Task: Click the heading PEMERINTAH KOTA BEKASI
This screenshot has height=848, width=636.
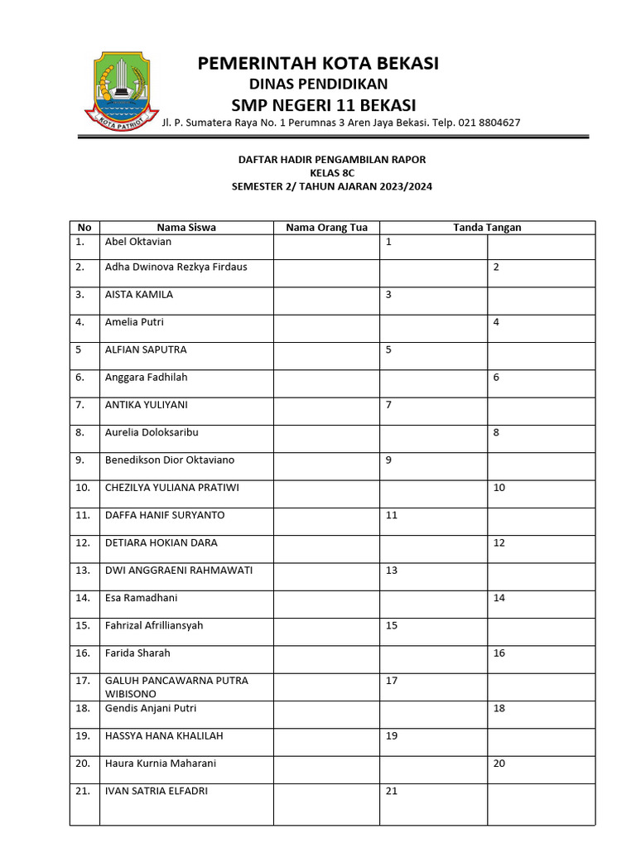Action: coord(318,63)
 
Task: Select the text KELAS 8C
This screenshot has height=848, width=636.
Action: coord(331,173)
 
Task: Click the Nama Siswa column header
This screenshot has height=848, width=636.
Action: coord(186,228)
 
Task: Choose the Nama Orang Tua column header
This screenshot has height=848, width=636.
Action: coord(326,228)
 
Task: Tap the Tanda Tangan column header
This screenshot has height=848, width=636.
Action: coord(487,228)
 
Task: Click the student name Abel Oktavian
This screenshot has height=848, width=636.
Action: coord(139,242)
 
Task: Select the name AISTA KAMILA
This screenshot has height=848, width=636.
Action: coord(139,295)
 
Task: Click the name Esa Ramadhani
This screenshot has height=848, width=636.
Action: coord(142,598)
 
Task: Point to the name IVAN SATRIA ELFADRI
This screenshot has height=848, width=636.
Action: coord(157,791)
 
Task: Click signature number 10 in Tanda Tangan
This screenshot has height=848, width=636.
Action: coord(499,488)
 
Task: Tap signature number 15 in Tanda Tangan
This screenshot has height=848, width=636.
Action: coord(392,625)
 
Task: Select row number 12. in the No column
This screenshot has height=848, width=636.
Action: coord(83,542)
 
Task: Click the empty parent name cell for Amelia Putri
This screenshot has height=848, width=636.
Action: coord(326,329)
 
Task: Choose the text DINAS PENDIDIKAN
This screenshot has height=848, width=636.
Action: coord(318,84)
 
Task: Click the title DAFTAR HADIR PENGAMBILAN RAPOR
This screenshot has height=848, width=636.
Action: coord(331,159)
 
